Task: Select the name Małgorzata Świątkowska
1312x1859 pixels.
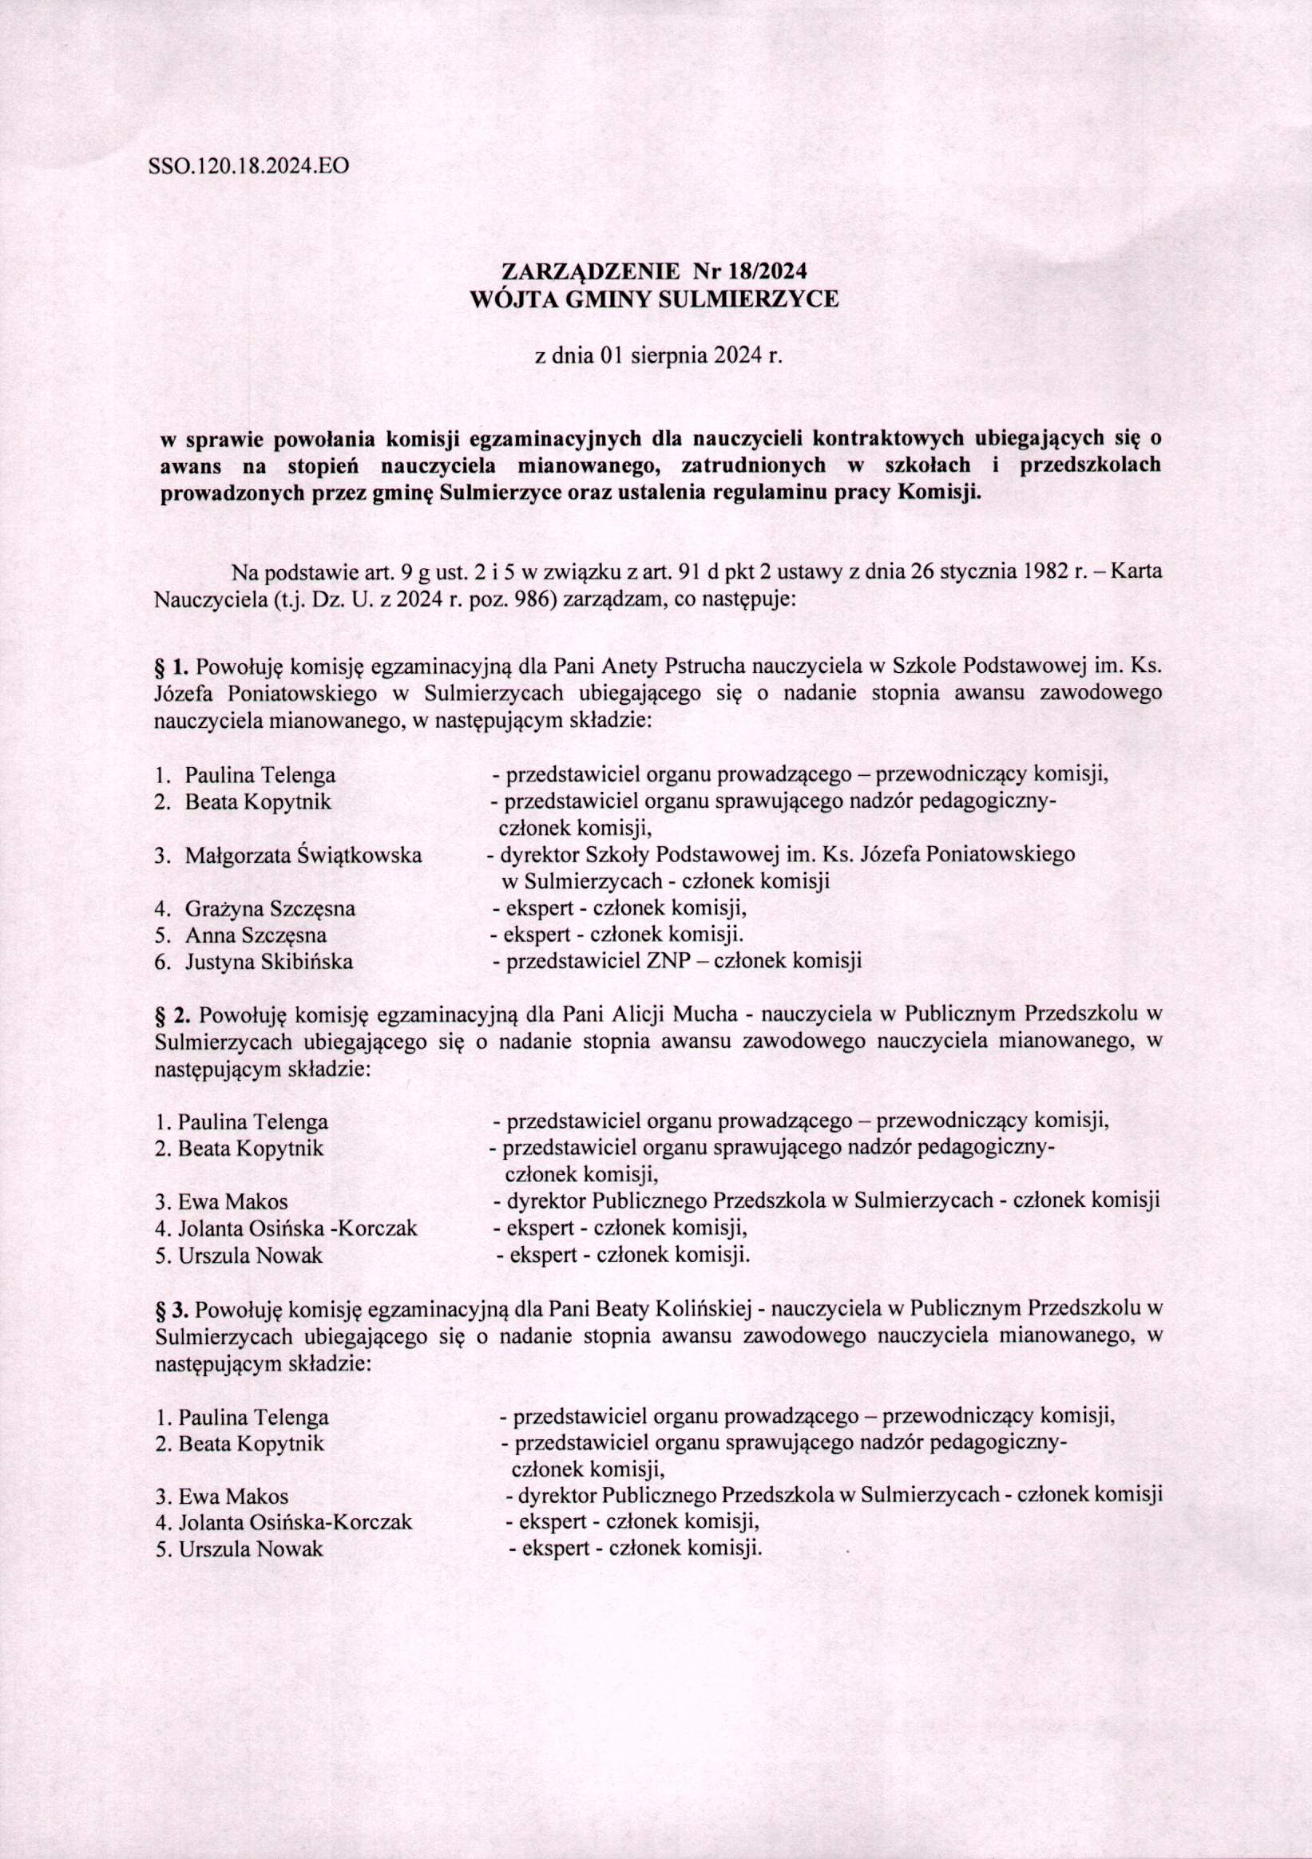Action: [303, 854]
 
